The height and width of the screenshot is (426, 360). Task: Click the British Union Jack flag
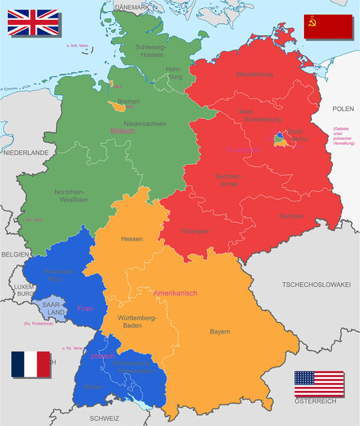click(33, 22)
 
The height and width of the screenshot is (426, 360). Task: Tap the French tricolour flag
click(30, 364)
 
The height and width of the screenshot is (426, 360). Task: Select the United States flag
click(318, 384)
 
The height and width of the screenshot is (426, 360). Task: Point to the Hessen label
click(132, 239)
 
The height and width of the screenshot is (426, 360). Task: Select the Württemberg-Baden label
click(137, 322)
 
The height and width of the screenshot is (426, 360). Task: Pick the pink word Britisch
click(118, 131)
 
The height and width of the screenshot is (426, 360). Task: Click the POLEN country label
click(342, 107)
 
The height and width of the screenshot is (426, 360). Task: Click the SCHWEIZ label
click(104, 418)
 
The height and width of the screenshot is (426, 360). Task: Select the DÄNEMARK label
click(132, 6)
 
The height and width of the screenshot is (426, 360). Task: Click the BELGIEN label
click(14, 253)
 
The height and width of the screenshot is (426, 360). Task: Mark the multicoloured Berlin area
click(284, 139)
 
